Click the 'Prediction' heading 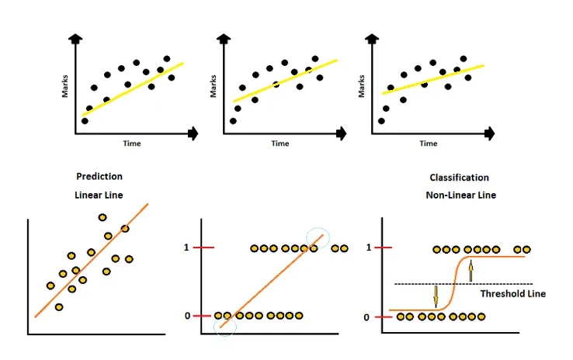[99, 177]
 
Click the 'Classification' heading [459, 178]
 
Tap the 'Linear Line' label [99, 195]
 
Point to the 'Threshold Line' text [512, 294]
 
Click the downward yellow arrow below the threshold [435, 296]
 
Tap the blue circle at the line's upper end [318, 240]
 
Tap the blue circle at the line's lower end [225, 327]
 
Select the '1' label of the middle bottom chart [186, 247]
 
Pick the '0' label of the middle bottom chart [186, 316]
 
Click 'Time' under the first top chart [132, 144]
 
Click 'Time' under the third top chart [428, 144]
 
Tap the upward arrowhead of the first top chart [75, 38]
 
